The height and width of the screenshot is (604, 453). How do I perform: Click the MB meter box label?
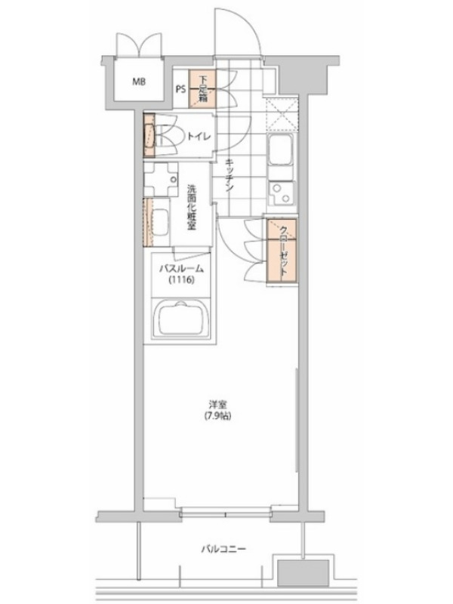pos(139,82)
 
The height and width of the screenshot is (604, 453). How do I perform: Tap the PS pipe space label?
pos(180,89)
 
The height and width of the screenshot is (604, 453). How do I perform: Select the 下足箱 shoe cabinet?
pos(202,89)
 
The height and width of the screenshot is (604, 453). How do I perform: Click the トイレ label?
pos(199,136)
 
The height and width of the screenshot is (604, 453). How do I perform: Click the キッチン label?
pos(229,176)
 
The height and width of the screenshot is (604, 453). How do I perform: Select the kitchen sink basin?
pos(281,150)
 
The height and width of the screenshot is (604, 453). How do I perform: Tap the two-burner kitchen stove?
pos(281,194)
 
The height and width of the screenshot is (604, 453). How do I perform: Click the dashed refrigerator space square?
pos(282,115)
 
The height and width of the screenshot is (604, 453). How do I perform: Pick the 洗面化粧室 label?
pos(192,208)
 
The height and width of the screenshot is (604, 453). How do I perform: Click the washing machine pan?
pos(161,180)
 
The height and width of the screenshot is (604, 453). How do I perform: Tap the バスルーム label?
pos(181,269)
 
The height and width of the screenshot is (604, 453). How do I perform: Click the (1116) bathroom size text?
pos(180,280)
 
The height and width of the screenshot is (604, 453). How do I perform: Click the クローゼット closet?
pos(282,251)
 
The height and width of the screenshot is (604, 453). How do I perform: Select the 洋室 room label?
pos(217,405)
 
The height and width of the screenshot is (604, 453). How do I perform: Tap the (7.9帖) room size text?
pos(217,416)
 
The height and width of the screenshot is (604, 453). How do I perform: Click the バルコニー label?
pos(223,549)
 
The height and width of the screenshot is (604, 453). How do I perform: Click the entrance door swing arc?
pos(251,23)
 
